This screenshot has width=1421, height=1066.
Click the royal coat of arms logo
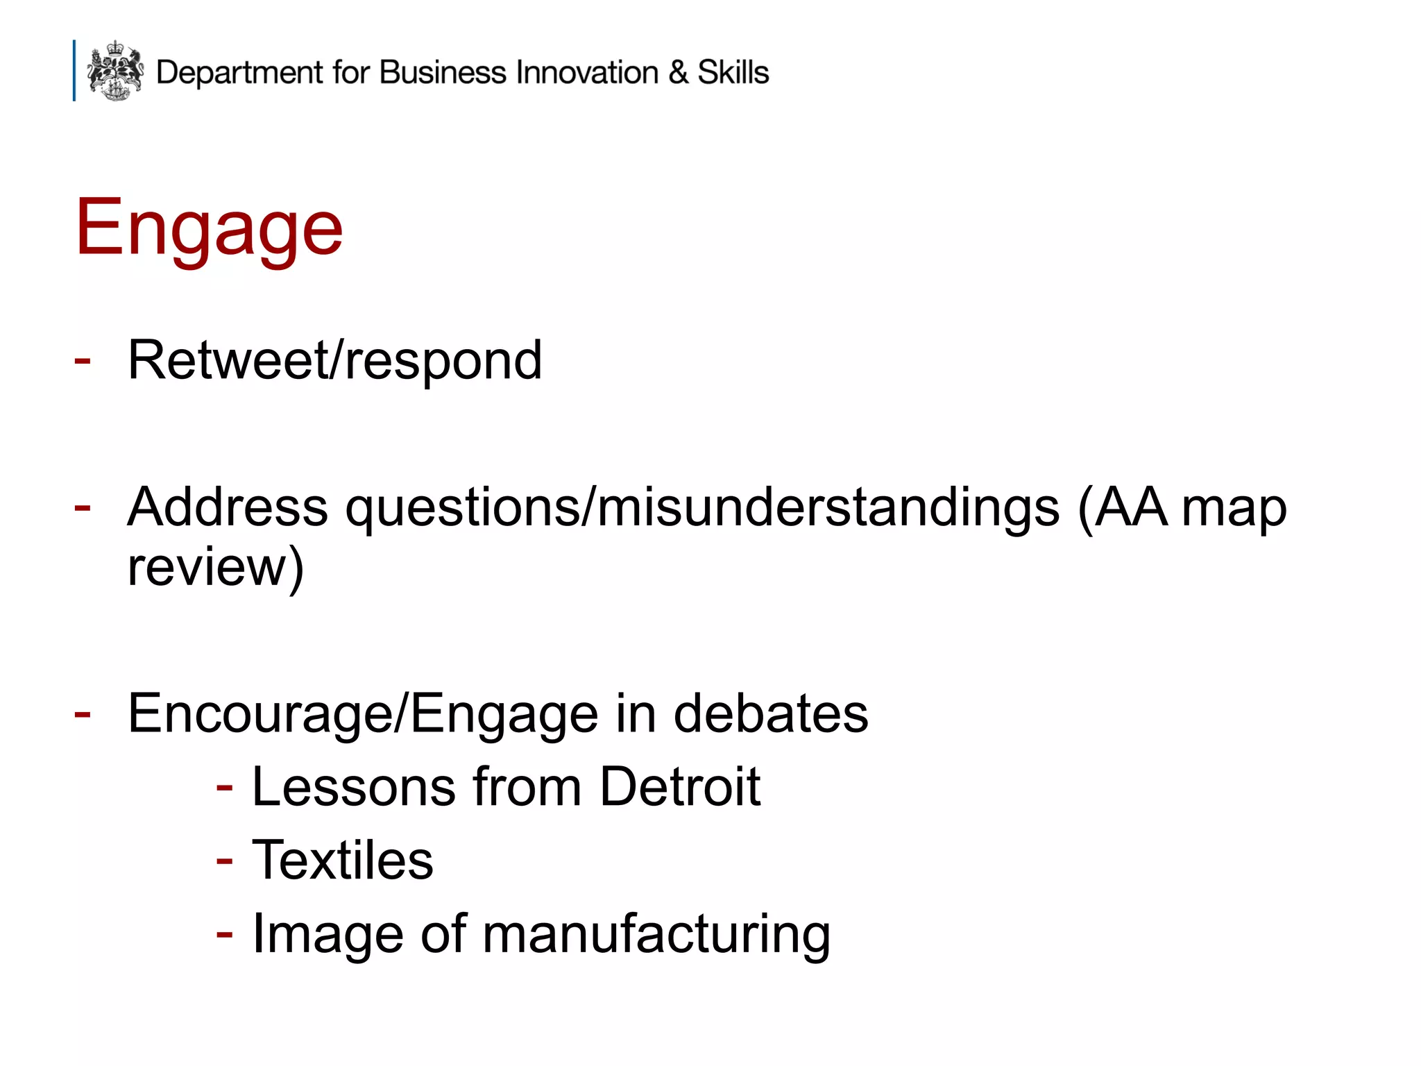[115, 70]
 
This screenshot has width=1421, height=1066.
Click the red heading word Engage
[209, 228]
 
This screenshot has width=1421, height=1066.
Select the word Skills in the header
[733, 72]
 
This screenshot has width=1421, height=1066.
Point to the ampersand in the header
[678, 72]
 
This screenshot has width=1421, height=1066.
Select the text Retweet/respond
[334, 361]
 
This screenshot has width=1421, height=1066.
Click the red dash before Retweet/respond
[83, 361]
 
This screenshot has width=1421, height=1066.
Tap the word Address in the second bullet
[228, 507]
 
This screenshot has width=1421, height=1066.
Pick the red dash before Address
[83, 507]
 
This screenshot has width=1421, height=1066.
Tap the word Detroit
[680, 787]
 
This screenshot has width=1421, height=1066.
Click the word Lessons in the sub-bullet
[354, 787]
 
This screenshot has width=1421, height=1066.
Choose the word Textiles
[342, 860]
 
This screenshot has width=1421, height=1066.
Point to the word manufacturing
[656, 934]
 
